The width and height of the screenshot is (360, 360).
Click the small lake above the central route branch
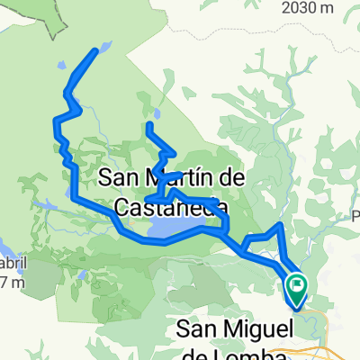tap(155, 114)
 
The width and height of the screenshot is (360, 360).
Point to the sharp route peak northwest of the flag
tap(282, 224)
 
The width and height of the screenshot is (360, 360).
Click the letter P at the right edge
tap(355, 214)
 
